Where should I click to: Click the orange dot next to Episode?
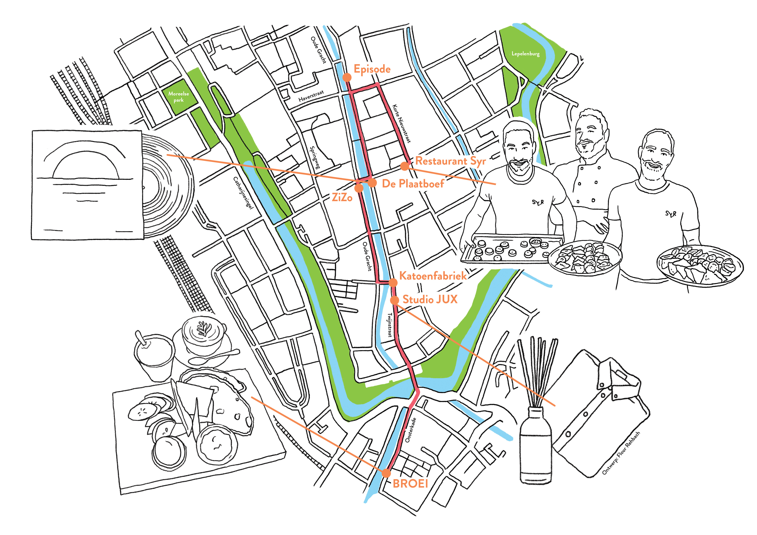pos(347,77)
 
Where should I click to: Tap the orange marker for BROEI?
pos(386,473)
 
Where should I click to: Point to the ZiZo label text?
pos(342,198)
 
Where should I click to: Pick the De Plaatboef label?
pos(413,184)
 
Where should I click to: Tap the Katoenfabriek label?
pos(433,276)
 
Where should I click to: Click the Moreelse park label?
pos(178,97)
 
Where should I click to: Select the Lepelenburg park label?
pos(526,53)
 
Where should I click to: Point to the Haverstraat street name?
pos(311,96)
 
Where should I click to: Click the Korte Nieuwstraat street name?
pos(402,124)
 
